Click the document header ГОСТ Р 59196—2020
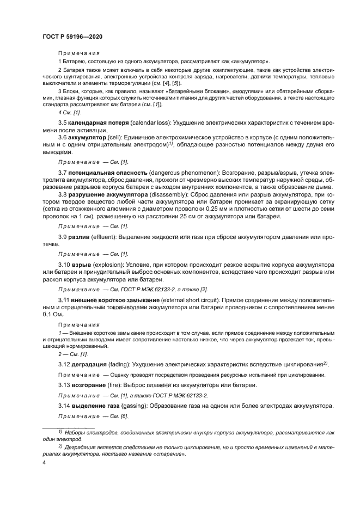pos(72,36)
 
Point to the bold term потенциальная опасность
pos(107,173)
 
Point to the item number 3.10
pos(65,264)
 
